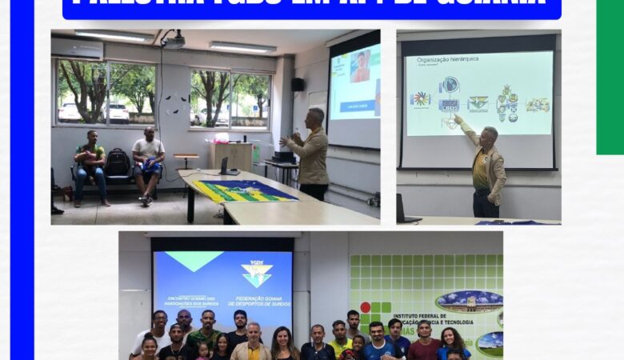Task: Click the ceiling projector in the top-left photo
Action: click(174, 39)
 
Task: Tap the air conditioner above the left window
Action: click(77, 49)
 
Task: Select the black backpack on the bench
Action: click(118, 162)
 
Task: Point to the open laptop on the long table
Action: click(228, 167)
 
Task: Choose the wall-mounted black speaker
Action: click(297, 84)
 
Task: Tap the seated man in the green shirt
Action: click(90, 164)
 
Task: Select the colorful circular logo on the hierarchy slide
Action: click(420, 99)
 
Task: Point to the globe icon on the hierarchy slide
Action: click(450, 85)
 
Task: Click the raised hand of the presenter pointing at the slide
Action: click(458, 118)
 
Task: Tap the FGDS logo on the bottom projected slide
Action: click(257, 273)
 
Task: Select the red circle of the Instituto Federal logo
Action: click(366, 307)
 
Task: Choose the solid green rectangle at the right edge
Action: click(610, 77)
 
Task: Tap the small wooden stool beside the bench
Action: click(186, 159)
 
